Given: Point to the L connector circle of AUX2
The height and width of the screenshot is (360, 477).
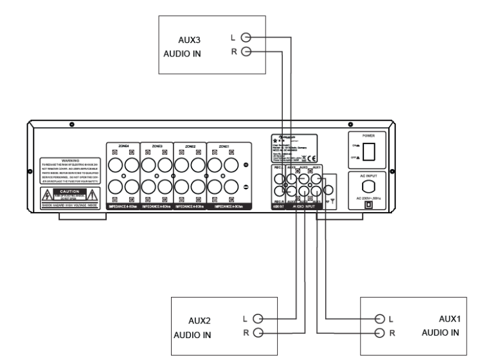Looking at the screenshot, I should click(x=258, y=318).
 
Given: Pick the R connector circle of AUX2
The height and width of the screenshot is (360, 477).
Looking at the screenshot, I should click(x=258, y=332).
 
